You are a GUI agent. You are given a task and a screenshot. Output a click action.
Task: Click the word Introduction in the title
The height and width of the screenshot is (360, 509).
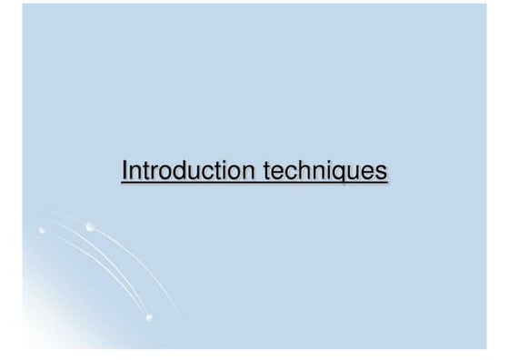click(183, 171)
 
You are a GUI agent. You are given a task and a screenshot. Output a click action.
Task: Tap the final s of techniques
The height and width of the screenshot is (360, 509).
click(383, 173)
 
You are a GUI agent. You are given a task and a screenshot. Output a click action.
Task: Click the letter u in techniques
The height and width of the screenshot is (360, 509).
click(360, 173)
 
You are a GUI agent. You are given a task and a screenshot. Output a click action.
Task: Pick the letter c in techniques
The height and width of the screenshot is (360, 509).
click(291, 173)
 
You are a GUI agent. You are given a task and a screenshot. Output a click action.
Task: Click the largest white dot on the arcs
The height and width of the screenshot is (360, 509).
click(88, 226)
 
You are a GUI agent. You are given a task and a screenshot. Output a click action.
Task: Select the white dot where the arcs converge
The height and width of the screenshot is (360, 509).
click(148, 316)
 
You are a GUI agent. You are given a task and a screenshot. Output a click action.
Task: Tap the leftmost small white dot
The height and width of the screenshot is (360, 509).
click(41, 232)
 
